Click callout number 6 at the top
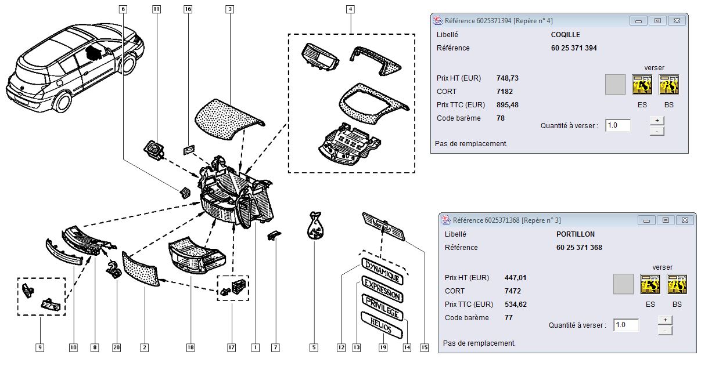(x=123, y=9)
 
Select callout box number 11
(x=157, y=9)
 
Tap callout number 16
(x=188, y=9)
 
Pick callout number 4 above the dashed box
(x=351, y=9)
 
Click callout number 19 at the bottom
(x=383, y=347)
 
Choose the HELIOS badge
(x=381, y=327)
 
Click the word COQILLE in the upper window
(x=565, y=35)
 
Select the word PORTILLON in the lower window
(x=575, y=234)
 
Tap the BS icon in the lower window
(x=677, y=284)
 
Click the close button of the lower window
(x=685, y=220)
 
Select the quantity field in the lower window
(x=625, y=325)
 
